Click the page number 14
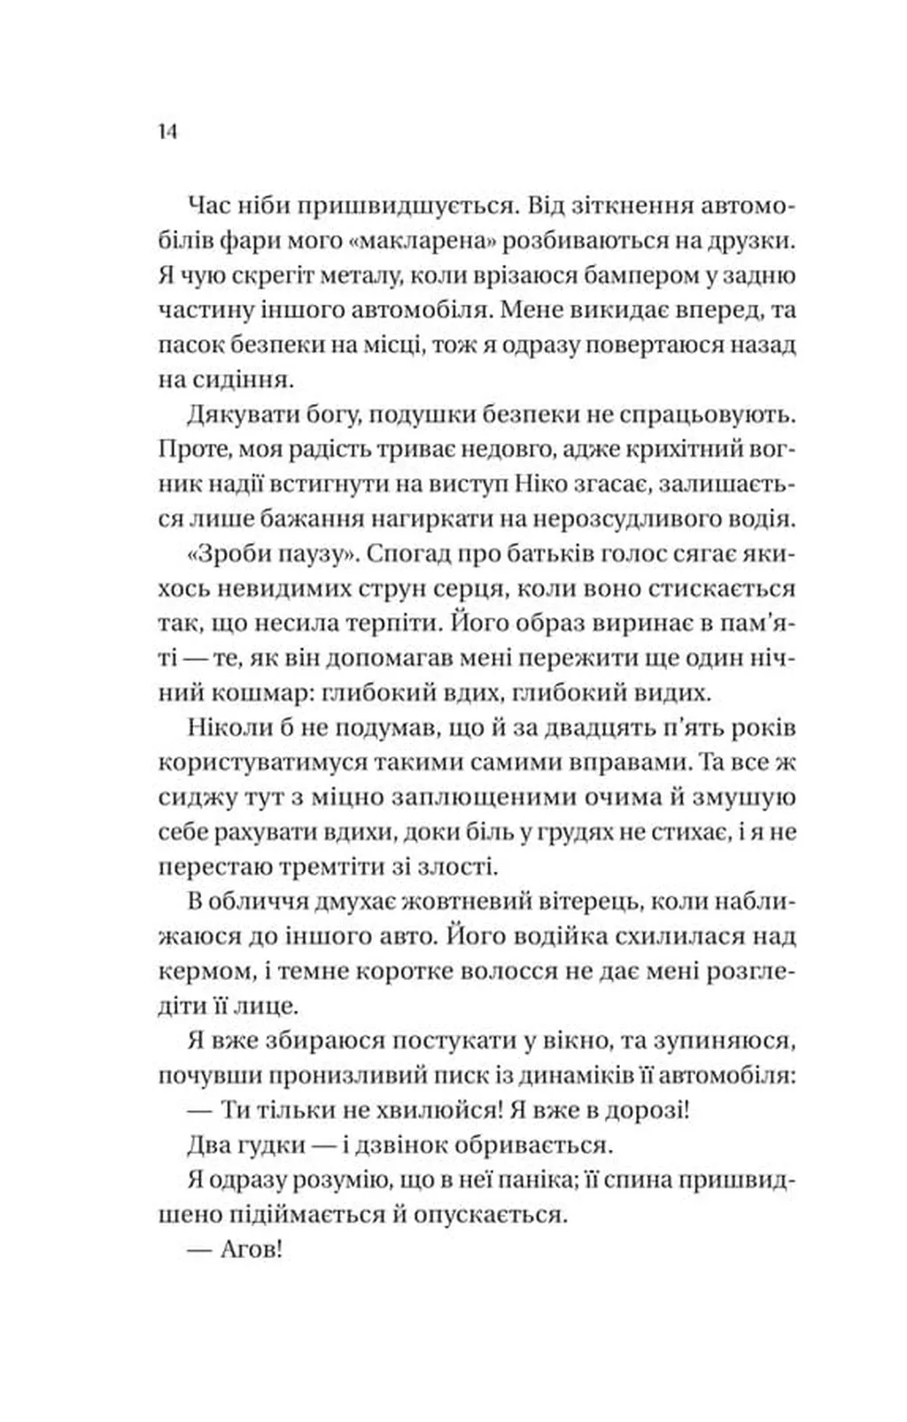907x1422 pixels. click(x=168, y=131)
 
